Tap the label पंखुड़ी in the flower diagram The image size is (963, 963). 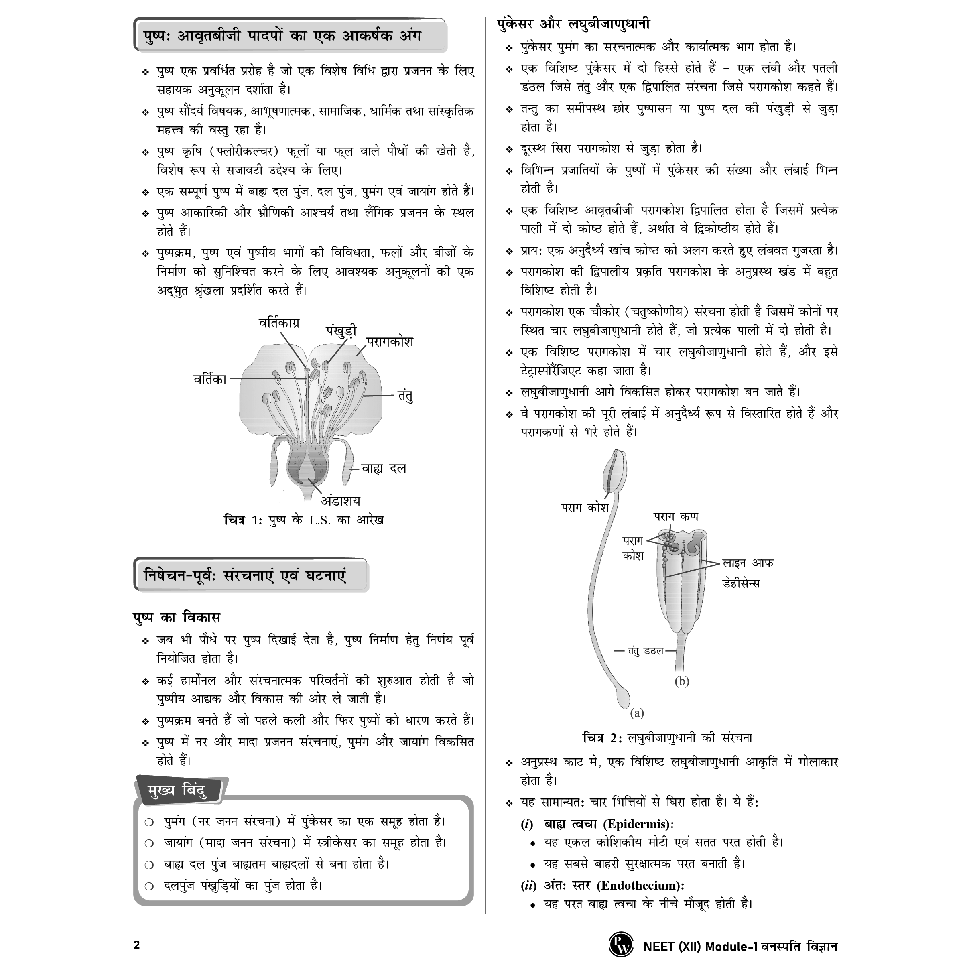341,331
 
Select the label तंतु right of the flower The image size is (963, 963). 405,396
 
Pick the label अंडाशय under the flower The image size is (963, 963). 340,500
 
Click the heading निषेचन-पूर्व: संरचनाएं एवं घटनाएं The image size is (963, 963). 245,576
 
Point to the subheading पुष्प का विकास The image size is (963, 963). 177,617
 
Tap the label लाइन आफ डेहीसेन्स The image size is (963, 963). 748,573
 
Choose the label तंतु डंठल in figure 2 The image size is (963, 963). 646,650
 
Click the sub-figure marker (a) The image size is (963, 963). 637,713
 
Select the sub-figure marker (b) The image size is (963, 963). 681,681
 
